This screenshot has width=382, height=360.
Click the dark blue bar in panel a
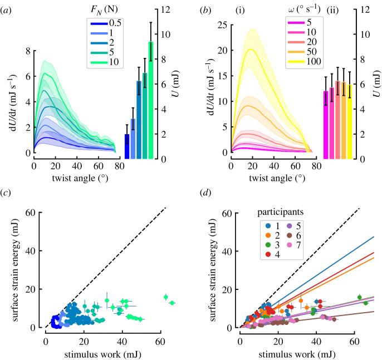tap(127, 146)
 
